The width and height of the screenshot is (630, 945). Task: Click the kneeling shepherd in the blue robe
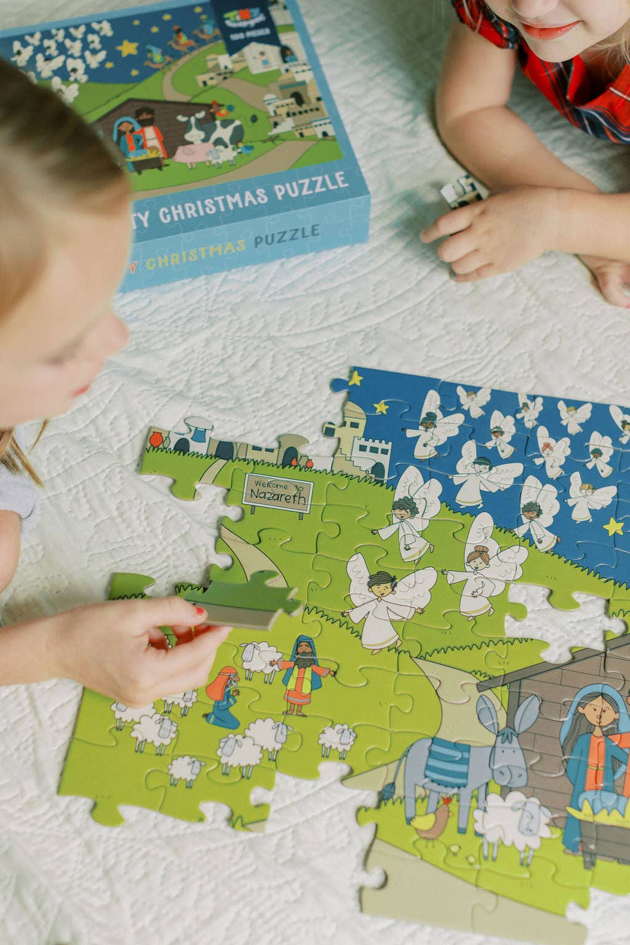tap(223, 698)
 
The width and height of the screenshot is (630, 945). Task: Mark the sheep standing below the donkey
tap(511, 821)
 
